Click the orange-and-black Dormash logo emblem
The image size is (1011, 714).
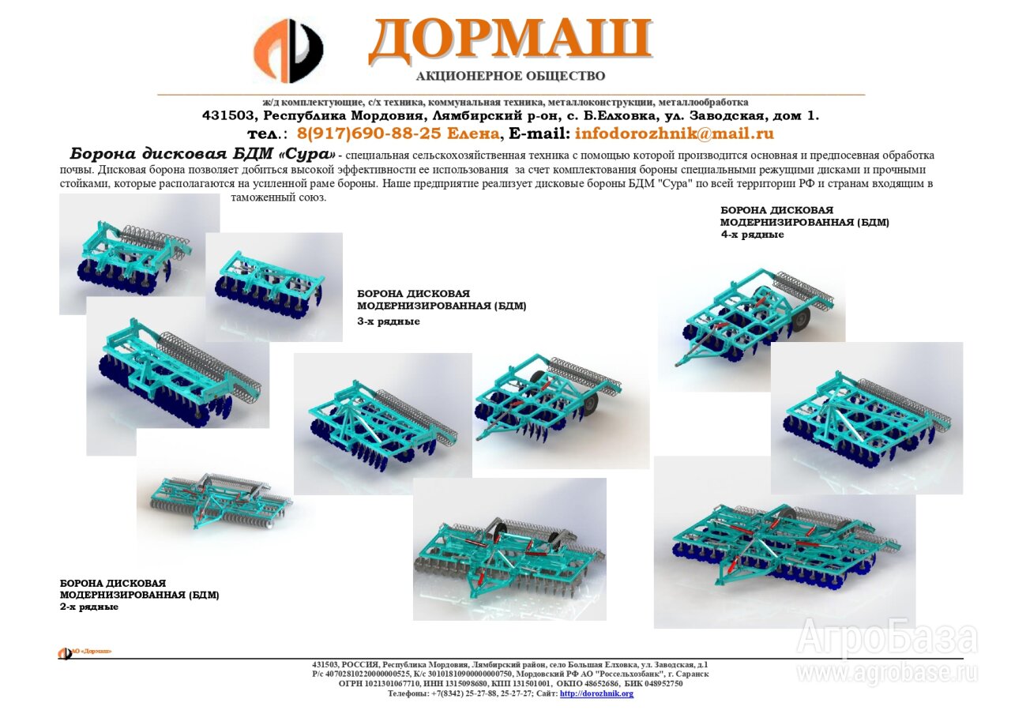point(288,51)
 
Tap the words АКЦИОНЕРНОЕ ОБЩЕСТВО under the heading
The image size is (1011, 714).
point(510,76)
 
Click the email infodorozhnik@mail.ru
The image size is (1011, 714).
point(675,133)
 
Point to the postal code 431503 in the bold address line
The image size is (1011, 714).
point(228,115)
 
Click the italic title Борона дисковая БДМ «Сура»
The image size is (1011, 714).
point(203,154)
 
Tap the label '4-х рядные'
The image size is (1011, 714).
point(752,235)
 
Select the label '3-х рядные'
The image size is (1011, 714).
point(388,321)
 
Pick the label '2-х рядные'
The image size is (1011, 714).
point(89,607)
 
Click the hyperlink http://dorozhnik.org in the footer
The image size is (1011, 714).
point(596,693)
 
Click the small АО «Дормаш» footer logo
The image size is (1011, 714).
point(85,652)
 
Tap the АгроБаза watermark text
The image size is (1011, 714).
point(887,637)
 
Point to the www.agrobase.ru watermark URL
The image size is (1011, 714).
point(887,672)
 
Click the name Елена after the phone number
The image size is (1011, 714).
point(472,133)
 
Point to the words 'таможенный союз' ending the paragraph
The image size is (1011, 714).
point(278,197)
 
